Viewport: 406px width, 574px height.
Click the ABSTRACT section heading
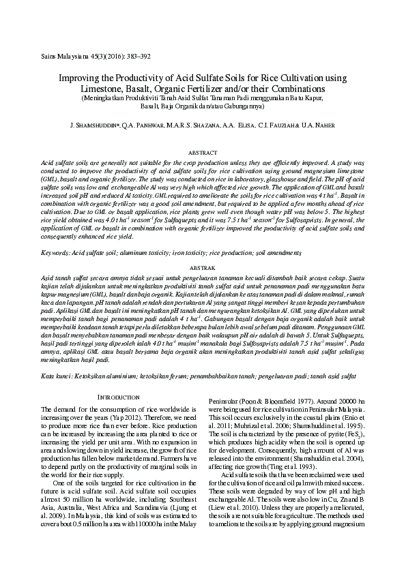point(203,154)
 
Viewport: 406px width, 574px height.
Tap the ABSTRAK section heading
point(203,269)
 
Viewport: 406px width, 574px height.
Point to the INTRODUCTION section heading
point(120,396)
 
